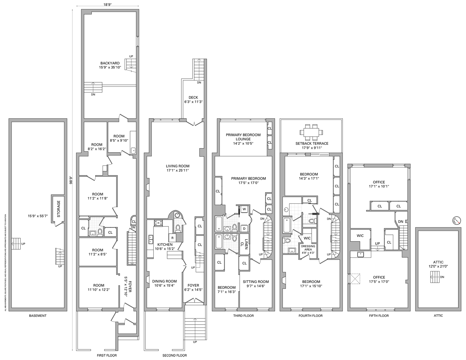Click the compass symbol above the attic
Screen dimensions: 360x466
pyautogui.click(x=456, y=220)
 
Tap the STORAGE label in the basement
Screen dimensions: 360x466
pyautogui.click(x=59, y=208)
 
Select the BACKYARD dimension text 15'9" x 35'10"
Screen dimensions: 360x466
pyautogui.click(x=110, y=67)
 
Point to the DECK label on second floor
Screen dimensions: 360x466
pyautogui.click(x=193, y=97)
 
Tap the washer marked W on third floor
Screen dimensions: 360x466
pyautogui.click(x=244, y=209)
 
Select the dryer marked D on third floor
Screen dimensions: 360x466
pyautogui.click(x=244, y=229)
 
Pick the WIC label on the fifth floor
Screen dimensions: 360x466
pyautogui.click(x=360, y=236)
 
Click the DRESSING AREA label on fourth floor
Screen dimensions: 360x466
pyautogui.click(x=308, y=248)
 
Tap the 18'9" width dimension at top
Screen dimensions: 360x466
pyautogui.click(x=107, y=5)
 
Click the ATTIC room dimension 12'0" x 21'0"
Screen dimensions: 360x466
pyautogui.click(x=438, y=266)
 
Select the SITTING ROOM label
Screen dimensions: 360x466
pyautogui.click(x=256, y=282)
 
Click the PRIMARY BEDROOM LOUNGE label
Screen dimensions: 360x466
pyautogui.click(x=243, y=137)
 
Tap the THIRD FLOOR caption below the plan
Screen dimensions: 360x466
pyautogui.click(x=244, y=316)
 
